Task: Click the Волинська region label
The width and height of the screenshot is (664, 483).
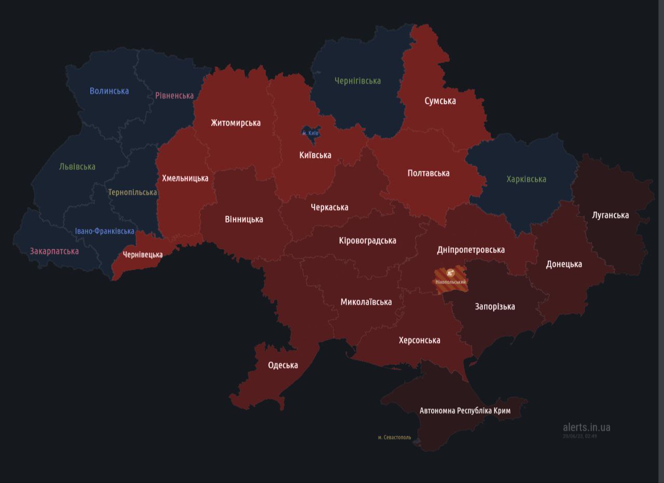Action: [109, 91]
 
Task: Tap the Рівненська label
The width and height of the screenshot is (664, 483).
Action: [174, 96]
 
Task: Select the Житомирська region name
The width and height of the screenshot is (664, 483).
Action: [236, 123]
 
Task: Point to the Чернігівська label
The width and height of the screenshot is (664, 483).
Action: [357, 81]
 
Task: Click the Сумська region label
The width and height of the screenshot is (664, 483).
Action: [440, 101]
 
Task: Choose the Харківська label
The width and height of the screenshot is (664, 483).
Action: [526, 179]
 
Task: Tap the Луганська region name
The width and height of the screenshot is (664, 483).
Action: [610, 215]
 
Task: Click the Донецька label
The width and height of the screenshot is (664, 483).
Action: [564, 264]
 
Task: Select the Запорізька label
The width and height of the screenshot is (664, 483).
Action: [495, 306]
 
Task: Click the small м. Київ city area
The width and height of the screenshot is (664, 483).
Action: [310, 132]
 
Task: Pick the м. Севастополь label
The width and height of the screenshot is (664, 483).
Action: [394, 437]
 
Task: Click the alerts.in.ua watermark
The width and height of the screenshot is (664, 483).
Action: [586, 427]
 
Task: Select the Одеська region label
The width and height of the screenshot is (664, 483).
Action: [283, 365]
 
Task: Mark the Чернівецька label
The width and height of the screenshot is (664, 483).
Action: [143, 254]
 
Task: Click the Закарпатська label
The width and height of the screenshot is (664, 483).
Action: [54, 251]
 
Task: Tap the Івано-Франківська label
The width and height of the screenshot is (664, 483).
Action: [104, 231]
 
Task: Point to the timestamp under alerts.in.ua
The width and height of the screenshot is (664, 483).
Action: [579, 436]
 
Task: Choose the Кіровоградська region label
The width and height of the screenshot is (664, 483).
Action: [367, 240]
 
